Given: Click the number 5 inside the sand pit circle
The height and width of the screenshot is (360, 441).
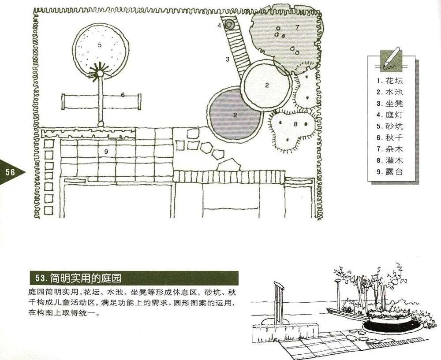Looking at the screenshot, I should (100, 45).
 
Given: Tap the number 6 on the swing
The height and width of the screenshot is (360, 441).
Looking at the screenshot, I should (123, 95).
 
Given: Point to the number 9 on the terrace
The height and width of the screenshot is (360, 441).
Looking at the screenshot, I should (106, 152).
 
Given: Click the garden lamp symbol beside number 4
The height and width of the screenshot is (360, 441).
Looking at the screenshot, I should (230, 25).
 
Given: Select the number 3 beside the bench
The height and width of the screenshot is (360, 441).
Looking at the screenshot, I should (228, 59).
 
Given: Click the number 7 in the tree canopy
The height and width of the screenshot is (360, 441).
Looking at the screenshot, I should (297, 27).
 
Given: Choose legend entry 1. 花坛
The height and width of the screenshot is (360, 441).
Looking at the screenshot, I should (390, 81).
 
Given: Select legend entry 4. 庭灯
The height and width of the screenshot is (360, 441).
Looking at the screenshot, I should (390, 115).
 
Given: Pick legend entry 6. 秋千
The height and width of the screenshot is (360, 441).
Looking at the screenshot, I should (390, 138).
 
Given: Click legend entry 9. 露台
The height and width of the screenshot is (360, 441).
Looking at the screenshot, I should (390, 172).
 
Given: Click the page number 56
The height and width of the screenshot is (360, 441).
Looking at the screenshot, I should (10, 172).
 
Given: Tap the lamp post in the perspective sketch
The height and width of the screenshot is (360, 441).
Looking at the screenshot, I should (338, 293).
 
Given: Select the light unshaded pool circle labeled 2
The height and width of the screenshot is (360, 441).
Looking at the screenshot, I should (266, 86).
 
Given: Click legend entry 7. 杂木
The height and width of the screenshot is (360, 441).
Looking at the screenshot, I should (390, 149).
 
